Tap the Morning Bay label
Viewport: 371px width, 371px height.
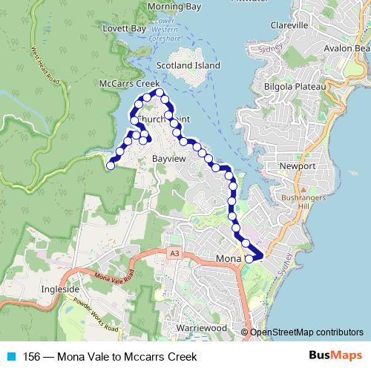pos(174,7)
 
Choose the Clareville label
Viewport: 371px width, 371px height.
pos(289,25)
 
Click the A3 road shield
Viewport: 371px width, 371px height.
pos(174,254)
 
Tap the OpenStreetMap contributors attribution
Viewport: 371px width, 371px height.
pos(306,332)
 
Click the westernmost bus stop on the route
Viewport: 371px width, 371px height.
pos(111,166)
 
